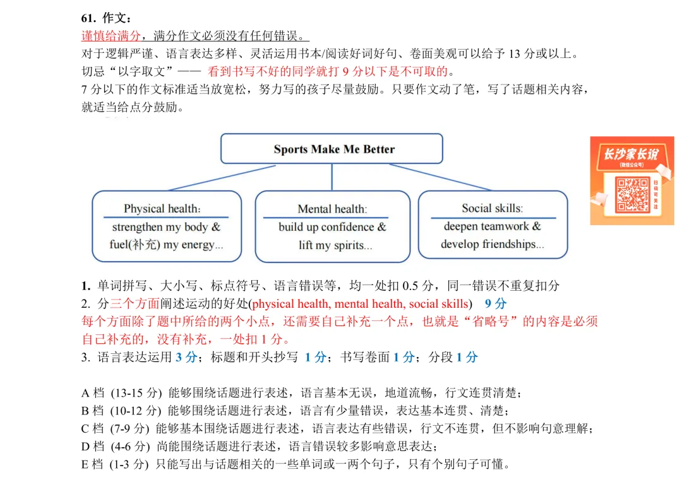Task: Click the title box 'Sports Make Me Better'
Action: click(x=333, y=149)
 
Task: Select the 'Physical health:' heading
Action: click(x=162, y=209)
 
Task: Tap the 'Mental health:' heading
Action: click(x=332, y=209)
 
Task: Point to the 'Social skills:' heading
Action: click(x=492, y=208)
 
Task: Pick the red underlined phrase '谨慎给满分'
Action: click(x=112, y=35)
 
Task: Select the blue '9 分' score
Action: click(x=496, y=304)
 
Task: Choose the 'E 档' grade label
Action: click(x=92, y=465)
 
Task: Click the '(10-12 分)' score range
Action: click(x=136, y=411)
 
